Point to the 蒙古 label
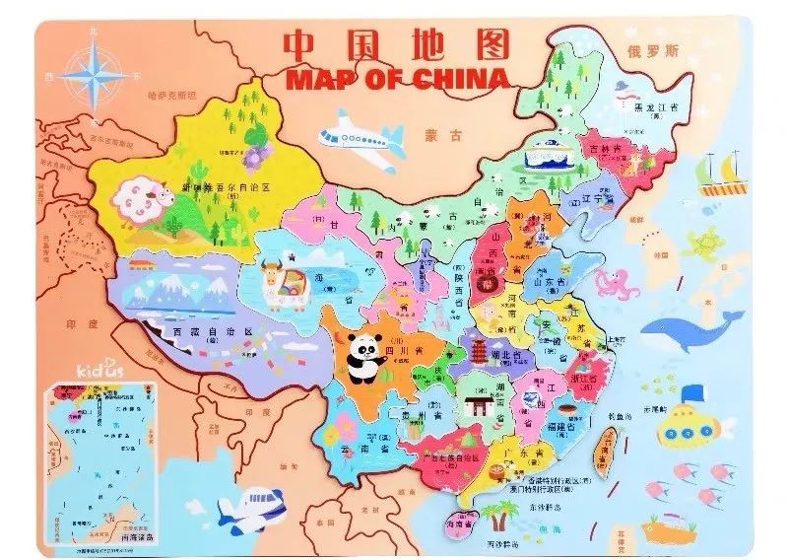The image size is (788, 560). pos(435,135)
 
